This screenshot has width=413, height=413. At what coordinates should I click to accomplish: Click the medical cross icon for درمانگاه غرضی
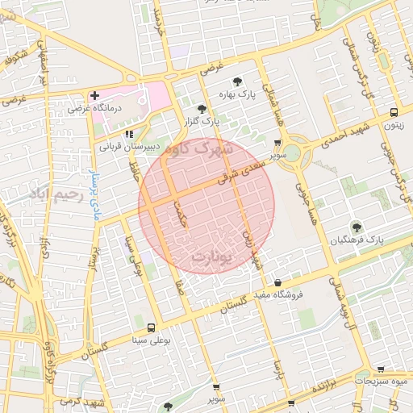point(95,95)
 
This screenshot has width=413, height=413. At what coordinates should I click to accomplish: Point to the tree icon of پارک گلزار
point(202,109)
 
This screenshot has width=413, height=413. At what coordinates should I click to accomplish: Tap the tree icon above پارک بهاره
point(237,81)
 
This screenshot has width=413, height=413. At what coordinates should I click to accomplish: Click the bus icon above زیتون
point(394,113)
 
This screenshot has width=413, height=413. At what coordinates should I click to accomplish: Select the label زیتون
point(393,125)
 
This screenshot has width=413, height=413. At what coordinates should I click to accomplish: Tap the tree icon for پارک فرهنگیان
point(356,227)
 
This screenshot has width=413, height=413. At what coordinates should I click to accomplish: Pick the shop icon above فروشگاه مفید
point(278,282)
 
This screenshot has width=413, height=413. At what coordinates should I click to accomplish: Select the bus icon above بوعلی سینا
point(152,327)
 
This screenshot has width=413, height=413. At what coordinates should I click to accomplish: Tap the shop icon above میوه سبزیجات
point(380,369)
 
